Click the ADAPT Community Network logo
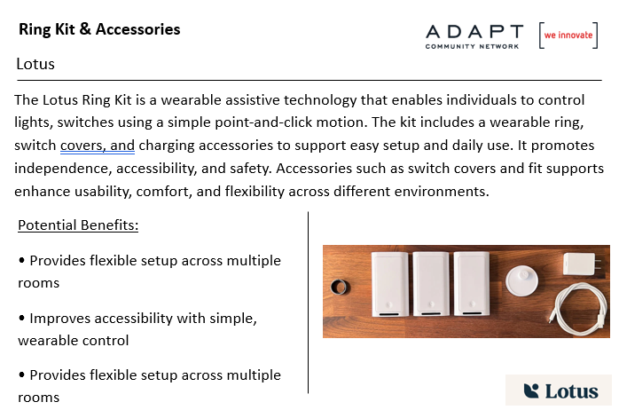click(x=474, y=36)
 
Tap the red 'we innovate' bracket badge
click(x=568, y=35)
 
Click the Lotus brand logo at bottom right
click(x=560, y=391)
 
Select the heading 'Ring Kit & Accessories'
click(x=99, y=29)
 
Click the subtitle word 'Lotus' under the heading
click(x=35, y=64)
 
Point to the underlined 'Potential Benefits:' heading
click(x=78, y=225)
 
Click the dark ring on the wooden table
click(x=339, y=288)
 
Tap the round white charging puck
click(x=521, y=280)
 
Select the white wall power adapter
click(x=580, y=264)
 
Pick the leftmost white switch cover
click(x=389, y=284)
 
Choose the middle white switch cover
click(x=431, y=284)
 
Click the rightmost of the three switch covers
click(x=472, y=284)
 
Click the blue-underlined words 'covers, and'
click(x=98, y=146)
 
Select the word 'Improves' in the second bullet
click(x=60, y=319)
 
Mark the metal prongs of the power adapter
click(x=599, y=264)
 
